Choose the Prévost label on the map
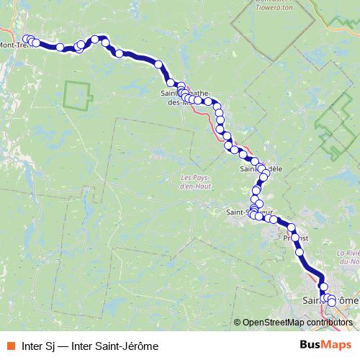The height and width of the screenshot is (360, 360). tap(295, 237)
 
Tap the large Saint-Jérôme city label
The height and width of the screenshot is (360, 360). tap(330, 300)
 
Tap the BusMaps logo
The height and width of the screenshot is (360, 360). tap(328, 345)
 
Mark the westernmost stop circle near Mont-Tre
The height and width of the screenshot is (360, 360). tap(27, 39)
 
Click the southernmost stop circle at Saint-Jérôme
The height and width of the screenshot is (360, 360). tap(331, 302)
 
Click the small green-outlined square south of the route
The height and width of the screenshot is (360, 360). tap(78, 96)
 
